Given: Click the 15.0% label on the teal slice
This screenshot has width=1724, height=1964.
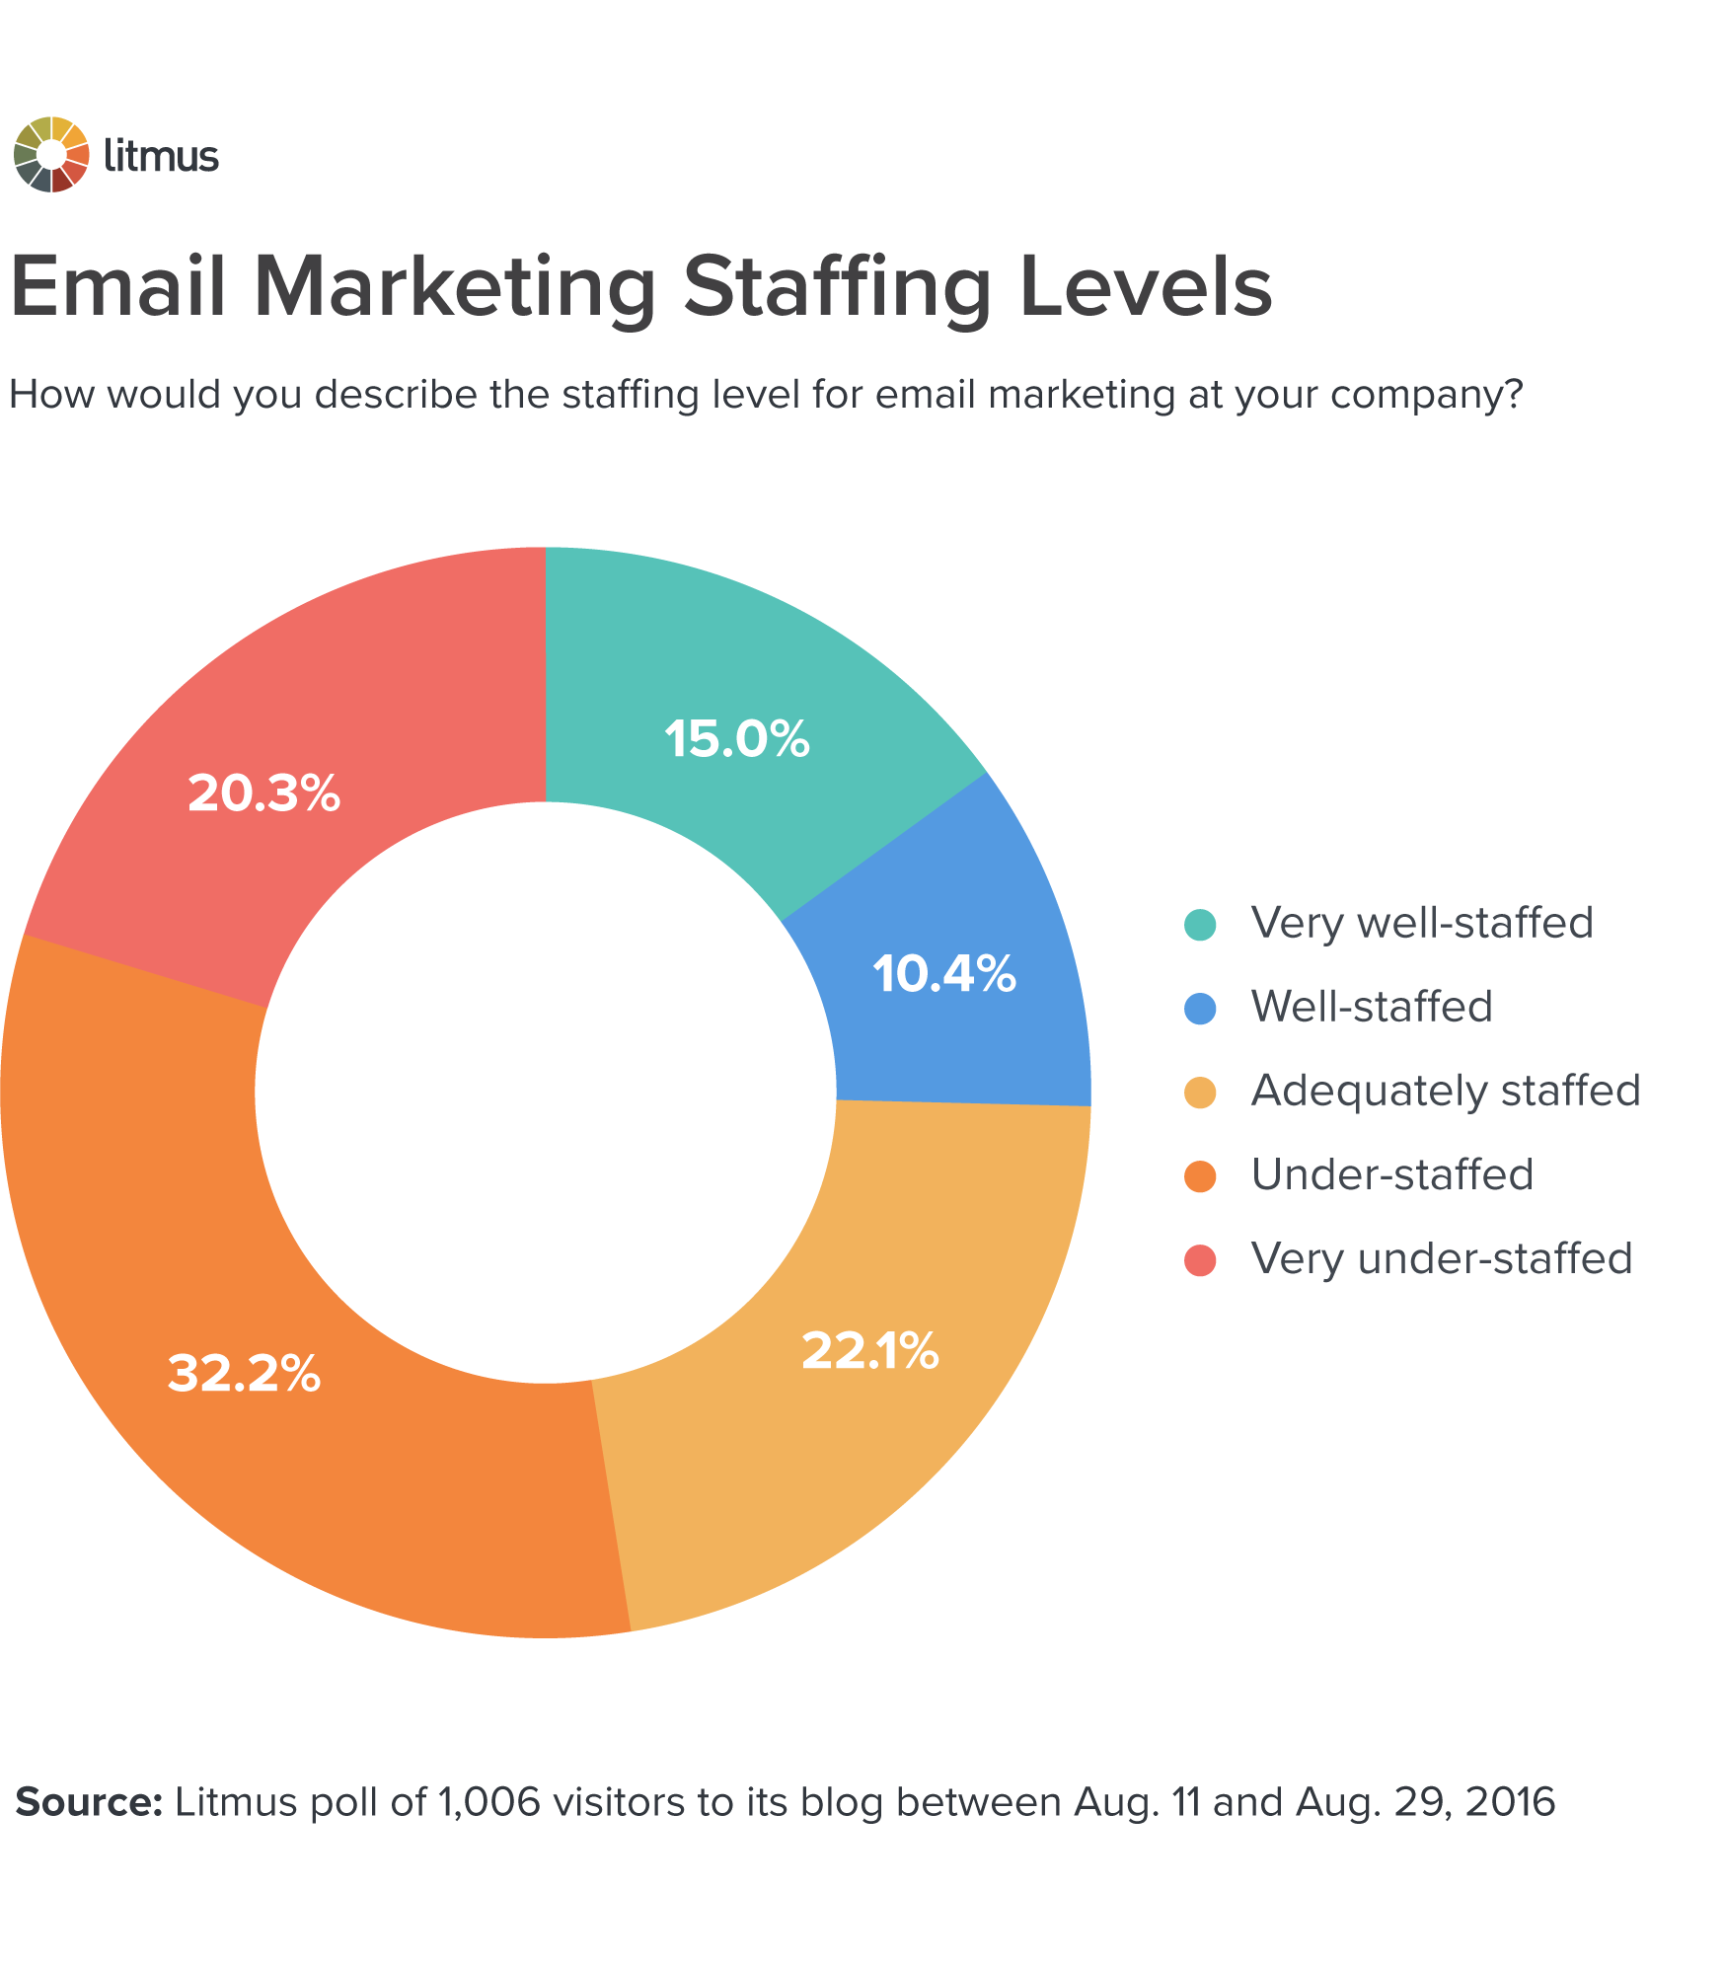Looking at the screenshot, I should (x=736, y=739).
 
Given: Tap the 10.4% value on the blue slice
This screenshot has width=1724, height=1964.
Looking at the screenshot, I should (x=943, y=974).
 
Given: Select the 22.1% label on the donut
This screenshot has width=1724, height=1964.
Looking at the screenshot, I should (x=869, y=1351).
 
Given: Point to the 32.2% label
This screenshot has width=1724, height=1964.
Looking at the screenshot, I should (x=244, y=1373).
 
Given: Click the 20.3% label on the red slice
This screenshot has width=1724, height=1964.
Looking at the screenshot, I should (x=263, y=793).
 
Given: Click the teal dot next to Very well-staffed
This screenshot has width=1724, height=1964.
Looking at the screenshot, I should (x=1200, y=925).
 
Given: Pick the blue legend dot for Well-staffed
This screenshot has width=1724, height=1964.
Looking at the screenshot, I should (x=1200, y=1009).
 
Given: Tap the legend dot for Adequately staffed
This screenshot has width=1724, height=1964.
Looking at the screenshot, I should (x=1200, y=1093).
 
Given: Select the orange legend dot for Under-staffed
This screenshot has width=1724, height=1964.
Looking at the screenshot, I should (x=1200, y=1176).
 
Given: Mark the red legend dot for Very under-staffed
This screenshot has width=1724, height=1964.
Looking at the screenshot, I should (x=1200, y=1260).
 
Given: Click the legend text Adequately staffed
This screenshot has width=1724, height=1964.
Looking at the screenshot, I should (x=1445, y=1091).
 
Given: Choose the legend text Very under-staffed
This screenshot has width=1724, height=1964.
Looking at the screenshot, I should (x=1441, y=1258).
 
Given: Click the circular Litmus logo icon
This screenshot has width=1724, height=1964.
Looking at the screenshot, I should (x=51, y=155).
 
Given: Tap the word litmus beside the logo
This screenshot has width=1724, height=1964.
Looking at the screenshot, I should (x=161, y=156).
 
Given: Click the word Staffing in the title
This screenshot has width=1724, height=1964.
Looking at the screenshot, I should (x=837, y=289).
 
